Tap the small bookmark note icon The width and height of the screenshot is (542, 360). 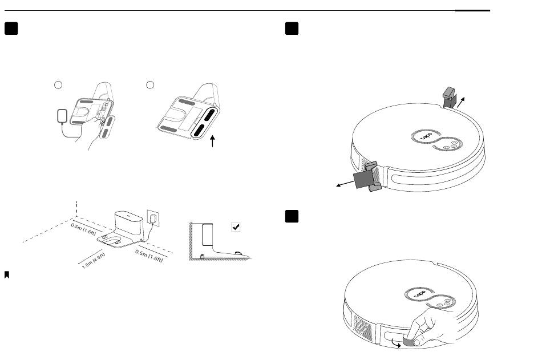(x=6, y=275)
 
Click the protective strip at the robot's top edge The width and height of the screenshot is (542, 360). (x=450, y=95)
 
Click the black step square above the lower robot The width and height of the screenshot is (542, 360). (x=293, y=217)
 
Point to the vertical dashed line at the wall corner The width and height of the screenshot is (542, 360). (x=76, y=208)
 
